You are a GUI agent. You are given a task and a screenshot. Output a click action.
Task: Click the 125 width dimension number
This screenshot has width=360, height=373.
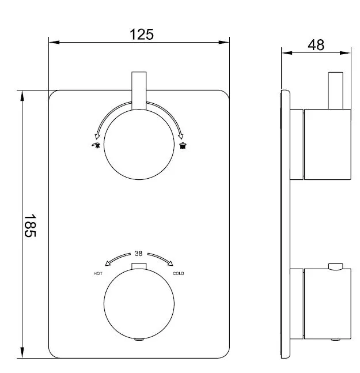point(142,35)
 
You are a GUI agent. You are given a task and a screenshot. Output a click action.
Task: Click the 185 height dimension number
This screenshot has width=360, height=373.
point(30,225)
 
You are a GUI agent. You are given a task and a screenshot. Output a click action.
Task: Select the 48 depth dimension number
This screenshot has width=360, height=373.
point(316,45)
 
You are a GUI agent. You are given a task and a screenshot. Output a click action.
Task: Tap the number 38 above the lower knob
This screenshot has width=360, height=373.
point(139,253)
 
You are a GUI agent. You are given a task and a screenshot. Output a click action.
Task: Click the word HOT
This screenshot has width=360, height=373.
point(98,274)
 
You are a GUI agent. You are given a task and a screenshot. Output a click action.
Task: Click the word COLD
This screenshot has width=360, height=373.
point(178,274)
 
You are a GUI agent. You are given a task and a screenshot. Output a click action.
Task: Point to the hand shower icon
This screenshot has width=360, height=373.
point(96,145)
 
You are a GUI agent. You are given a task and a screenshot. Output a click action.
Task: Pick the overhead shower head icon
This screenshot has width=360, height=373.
point(183,145)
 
